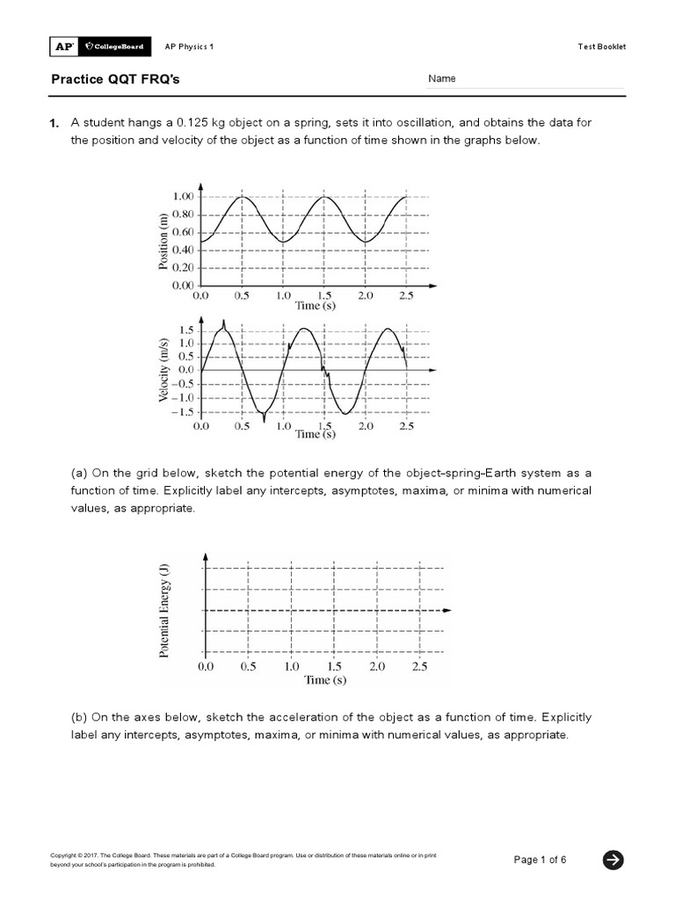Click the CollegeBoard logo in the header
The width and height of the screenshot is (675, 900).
(x=112, y=47)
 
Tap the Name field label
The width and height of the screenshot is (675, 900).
(x=442, y=79)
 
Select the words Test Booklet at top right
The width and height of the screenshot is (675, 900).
(x=601, y=47)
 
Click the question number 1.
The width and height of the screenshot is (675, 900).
(x=54, y=122)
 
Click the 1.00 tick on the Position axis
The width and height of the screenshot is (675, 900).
(x=182, y=196)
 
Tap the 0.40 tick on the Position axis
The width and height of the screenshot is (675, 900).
(x=182, y=250)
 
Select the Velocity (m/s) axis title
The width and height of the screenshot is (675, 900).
(x=163, y=370)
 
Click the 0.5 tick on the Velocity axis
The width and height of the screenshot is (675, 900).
(x=186, y=356)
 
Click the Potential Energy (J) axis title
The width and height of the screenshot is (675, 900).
(x=164, y=613)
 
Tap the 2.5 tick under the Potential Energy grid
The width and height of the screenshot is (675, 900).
(x=419, y=667)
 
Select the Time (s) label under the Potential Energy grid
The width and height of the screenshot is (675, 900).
(x=325, y=680)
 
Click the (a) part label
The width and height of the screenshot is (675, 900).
(x=78, y=473)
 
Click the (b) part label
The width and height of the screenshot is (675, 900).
(x=78, y=716)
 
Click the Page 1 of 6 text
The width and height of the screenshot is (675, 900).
(x=540, y=860)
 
